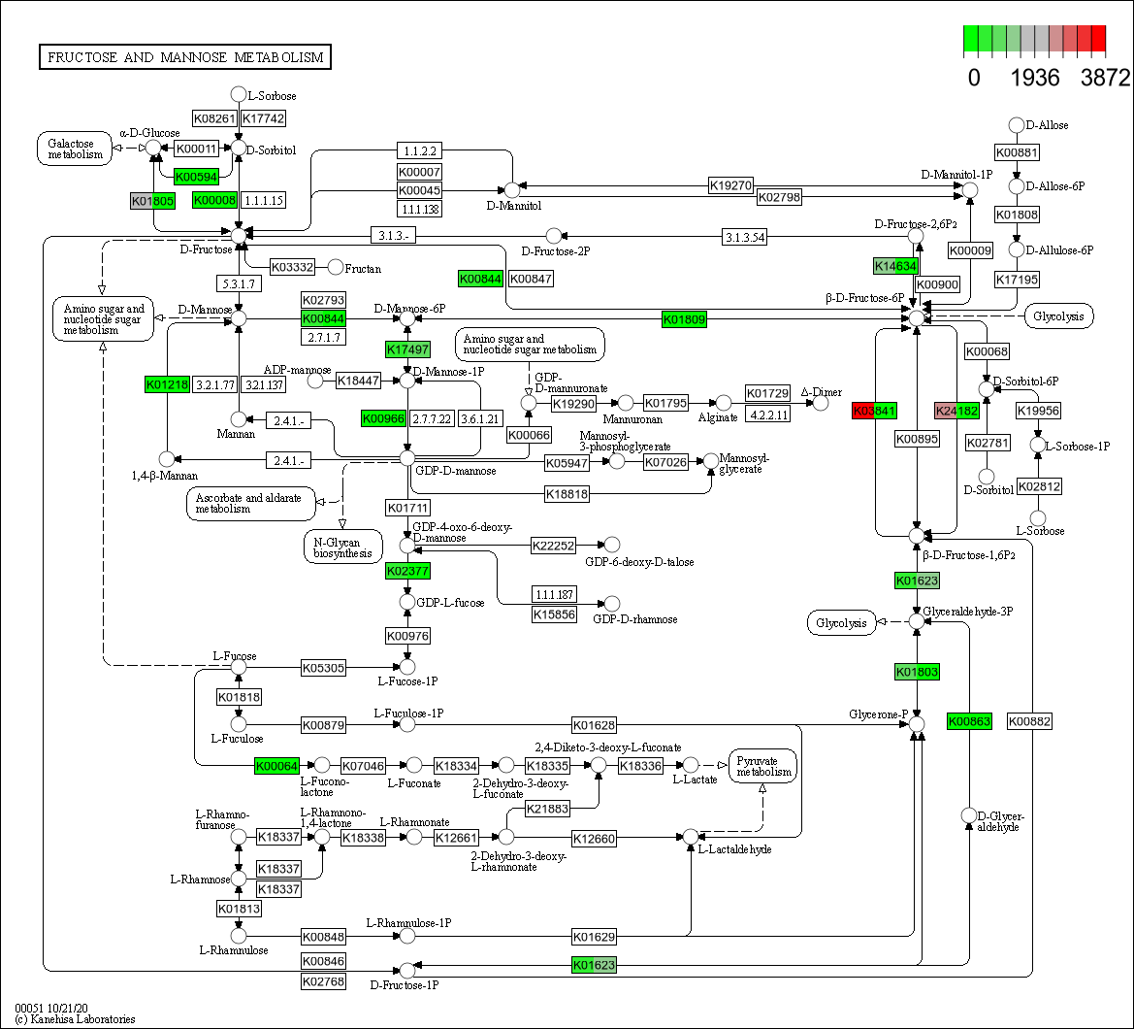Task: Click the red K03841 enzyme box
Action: tap(874, 411)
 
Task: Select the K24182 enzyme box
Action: tap(956, 411)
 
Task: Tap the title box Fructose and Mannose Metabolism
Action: tap(184, 57)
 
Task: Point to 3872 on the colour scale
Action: tap(1104, 78)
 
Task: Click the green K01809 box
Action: tap(684, 318)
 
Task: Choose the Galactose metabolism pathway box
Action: tap(75, 148)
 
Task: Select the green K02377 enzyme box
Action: tap(407, 570)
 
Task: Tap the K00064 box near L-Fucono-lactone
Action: tap(278, 765)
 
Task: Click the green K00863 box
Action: tap(970, 721)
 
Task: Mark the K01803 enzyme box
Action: tap(917, 672)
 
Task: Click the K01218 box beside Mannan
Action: tap(167, 384)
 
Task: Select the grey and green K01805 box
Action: tap(153, 201)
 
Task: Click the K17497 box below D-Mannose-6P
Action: tap(407, 349)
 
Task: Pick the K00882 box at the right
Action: tap(1029, 721)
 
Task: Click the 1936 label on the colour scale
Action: tap(1035, 78)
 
